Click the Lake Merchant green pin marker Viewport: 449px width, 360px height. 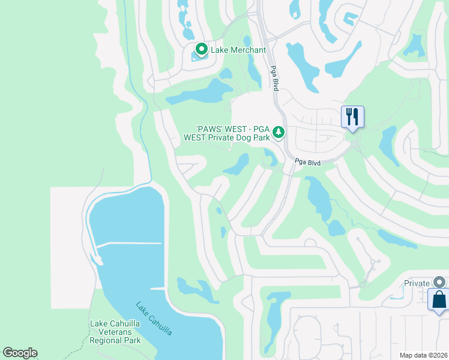201,49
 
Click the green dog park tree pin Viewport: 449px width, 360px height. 278,131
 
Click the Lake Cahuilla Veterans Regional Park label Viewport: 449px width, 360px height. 115,332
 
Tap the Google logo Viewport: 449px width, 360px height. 20,353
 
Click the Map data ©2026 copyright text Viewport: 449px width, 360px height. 423,355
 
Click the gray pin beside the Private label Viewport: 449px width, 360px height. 440,282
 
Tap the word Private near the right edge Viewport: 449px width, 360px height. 417,283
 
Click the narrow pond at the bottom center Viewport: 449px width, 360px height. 273,318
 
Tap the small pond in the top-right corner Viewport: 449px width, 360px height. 414,44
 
